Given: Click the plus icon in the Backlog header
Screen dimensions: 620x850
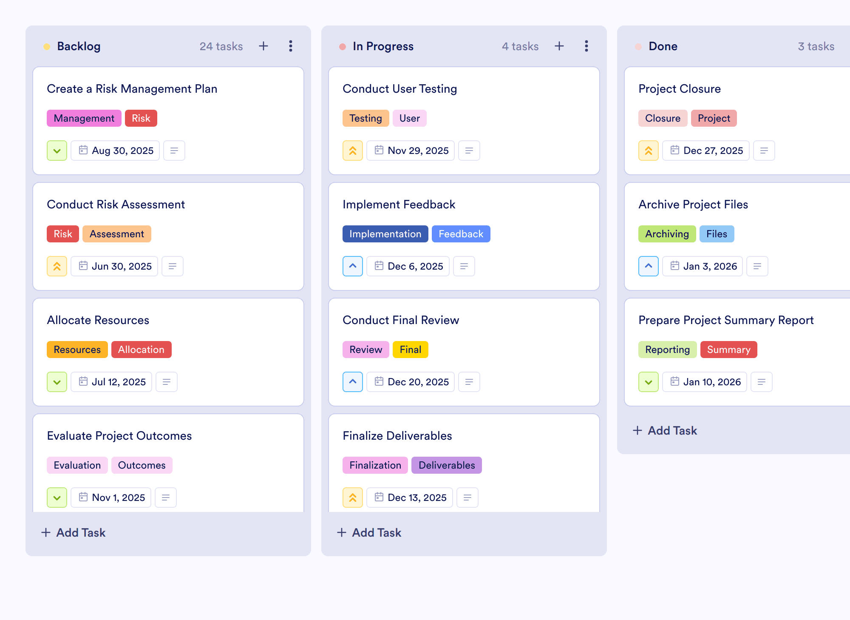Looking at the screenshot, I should [x=263, y=46].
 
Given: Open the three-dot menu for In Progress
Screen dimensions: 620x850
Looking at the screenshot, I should [x=586, y=46].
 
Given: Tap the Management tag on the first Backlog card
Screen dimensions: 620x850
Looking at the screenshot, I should [x=84, y=118].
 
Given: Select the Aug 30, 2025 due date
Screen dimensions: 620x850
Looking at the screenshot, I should [x=115, y=151].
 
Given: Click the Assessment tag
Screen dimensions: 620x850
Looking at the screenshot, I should [x=116, y=234].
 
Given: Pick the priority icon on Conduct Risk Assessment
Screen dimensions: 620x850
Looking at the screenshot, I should [x=57, y=266].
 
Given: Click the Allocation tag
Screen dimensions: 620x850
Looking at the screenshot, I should [x=141, y=350].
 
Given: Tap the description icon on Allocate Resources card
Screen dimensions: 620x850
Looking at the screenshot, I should [x=167, y=382].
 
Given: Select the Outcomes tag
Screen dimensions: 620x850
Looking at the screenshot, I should [x=142, y=465].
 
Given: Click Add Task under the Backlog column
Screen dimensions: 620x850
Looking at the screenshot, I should [x=74, y=532].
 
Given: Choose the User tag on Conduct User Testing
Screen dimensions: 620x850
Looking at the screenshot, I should [x=409, y=118].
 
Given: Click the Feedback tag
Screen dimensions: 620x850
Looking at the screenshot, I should [x=461, y=234].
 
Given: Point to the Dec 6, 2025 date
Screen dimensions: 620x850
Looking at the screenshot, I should [x=408, y=266].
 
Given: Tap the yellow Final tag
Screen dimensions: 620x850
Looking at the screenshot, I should [x=410, y=350].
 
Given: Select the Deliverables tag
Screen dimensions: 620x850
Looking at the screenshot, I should [x=446, y=465].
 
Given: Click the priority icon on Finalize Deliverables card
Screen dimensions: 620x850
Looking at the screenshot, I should [x=353, y=498].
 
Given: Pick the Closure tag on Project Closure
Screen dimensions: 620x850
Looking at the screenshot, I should [x=663, y=118].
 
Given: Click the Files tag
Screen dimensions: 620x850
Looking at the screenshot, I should [x=717, y=234].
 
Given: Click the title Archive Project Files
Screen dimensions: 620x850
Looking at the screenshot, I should [x=693, y=205].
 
